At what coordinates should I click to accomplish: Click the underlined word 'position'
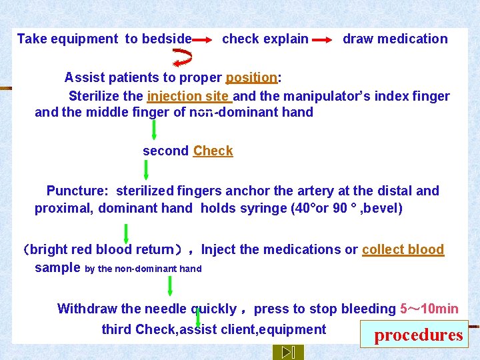tap(251, 77)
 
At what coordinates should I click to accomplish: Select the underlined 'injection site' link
tap(188, 96)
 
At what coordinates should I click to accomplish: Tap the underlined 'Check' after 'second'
tap(213, 151)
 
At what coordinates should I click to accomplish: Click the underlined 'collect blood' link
tap(403, 249)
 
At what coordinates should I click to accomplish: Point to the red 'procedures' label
tap(418, 335)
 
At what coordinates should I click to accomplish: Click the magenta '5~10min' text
tap(429, 309)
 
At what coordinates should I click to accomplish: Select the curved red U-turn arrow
tap(182, 57)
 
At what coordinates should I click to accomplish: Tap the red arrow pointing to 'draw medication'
tap(323, 40)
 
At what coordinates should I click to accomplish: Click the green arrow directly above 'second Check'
tap(154, 128)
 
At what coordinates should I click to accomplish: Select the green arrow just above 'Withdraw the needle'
tap(170, 285)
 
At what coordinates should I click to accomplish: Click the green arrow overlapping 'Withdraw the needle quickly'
tap(198, 317)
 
